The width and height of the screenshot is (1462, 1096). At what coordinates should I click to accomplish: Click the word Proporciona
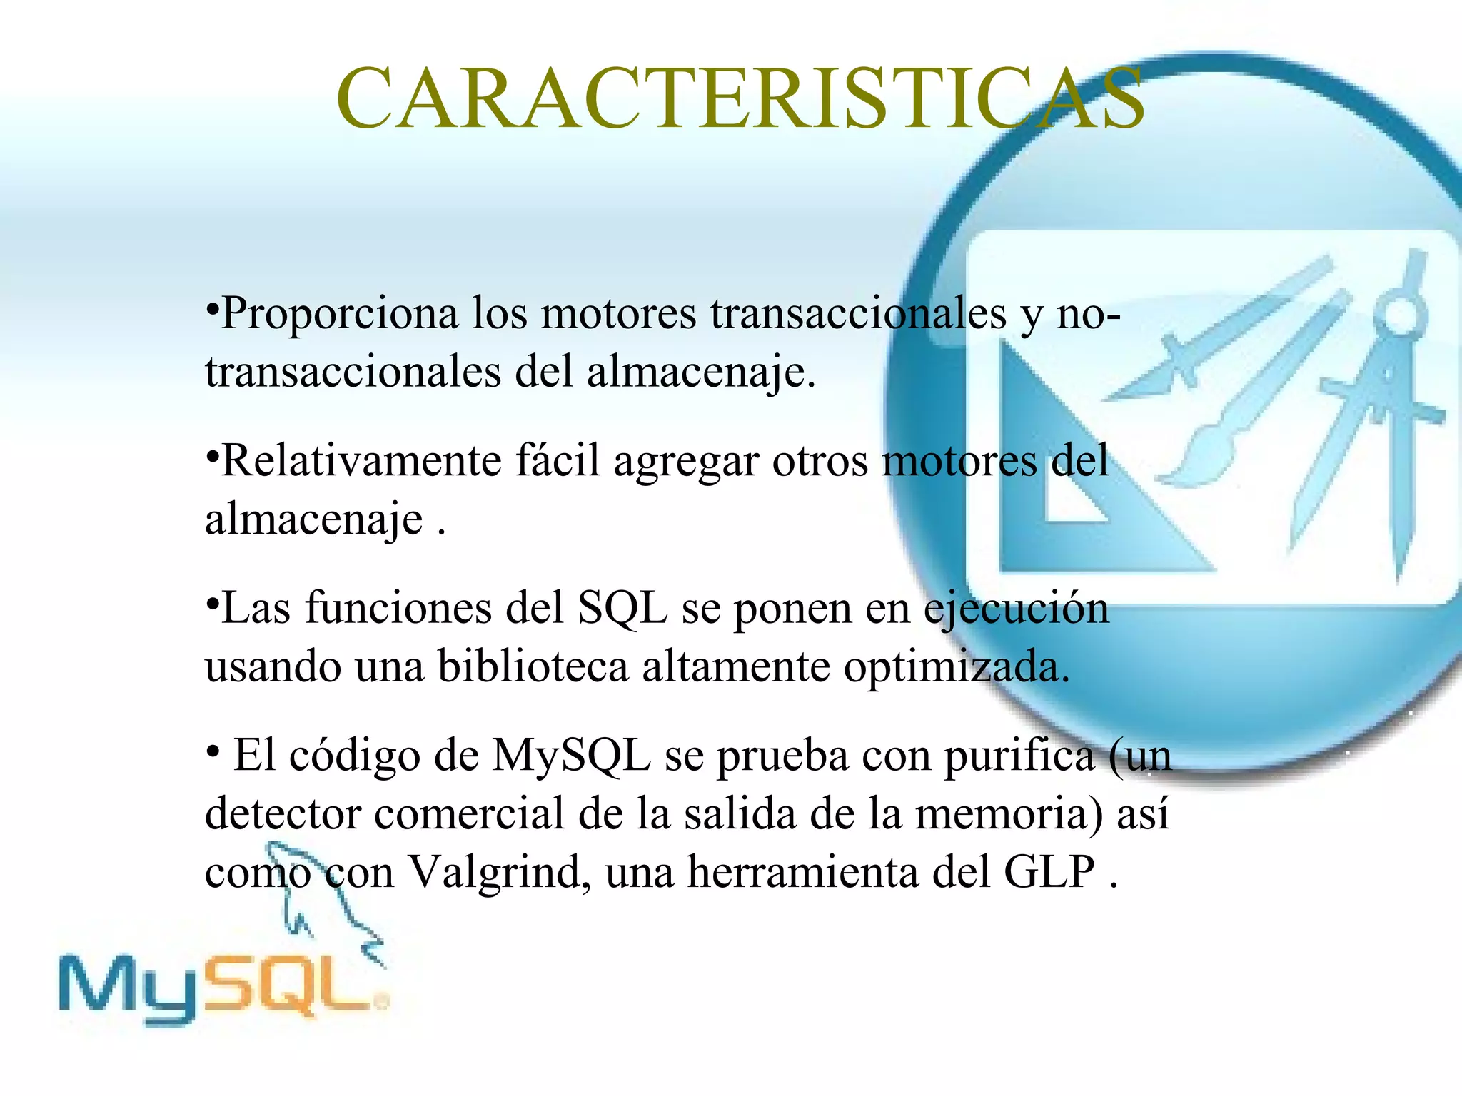click(340, 314)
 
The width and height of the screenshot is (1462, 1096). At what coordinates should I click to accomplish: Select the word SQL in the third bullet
click(622, 609)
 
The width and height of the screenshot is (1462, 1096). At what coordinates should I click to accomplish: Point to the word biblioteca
click(533, 666)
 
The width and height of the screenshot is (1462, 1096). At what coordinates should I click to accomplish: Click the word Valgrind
click(497, 872)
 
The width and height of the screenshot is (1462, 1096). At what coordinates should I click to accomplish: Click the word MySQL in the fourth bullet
click(571, 755)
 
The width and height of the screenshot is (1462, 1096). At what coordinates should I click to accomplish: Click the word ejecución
click(1017, 609)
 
